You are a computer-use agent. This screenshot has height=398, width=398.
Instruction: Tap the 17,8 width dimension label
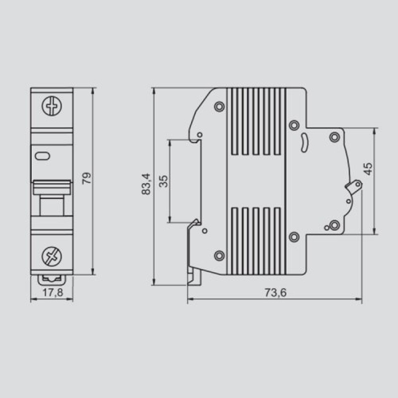click(x=53, y=293)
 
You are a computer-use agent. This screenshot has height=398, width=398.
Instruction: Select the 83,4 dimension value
click(x=146, y=184)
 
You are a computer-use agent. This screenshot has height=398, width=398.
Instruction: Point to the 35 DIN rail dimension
click(x=164, y=181)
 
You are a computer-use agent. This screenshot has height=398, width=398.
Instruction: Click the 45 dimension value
click(x=368, y=169)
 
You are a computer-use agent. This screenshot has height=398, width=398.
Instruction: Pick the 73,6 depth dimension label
click(x=276, y=293)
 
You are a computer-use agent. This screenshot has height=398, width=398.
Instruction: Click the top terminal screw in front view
click(x=52, y=106)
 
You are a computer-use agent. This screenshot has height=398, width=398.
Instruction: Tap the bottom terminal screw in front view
click(x=52, y=256)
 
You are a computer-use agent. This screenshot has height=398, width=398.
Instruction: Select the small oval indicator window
click(x=42, y=156)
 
